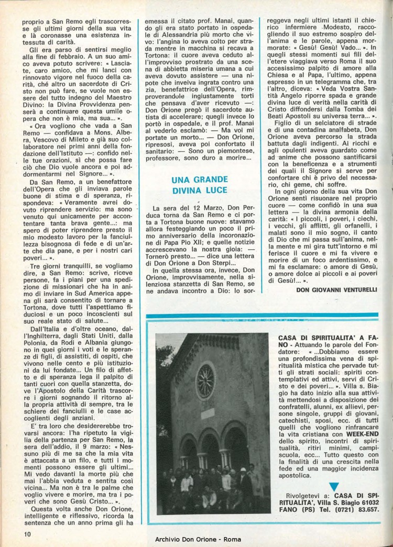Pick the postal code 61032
click(x=369, y=501)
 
